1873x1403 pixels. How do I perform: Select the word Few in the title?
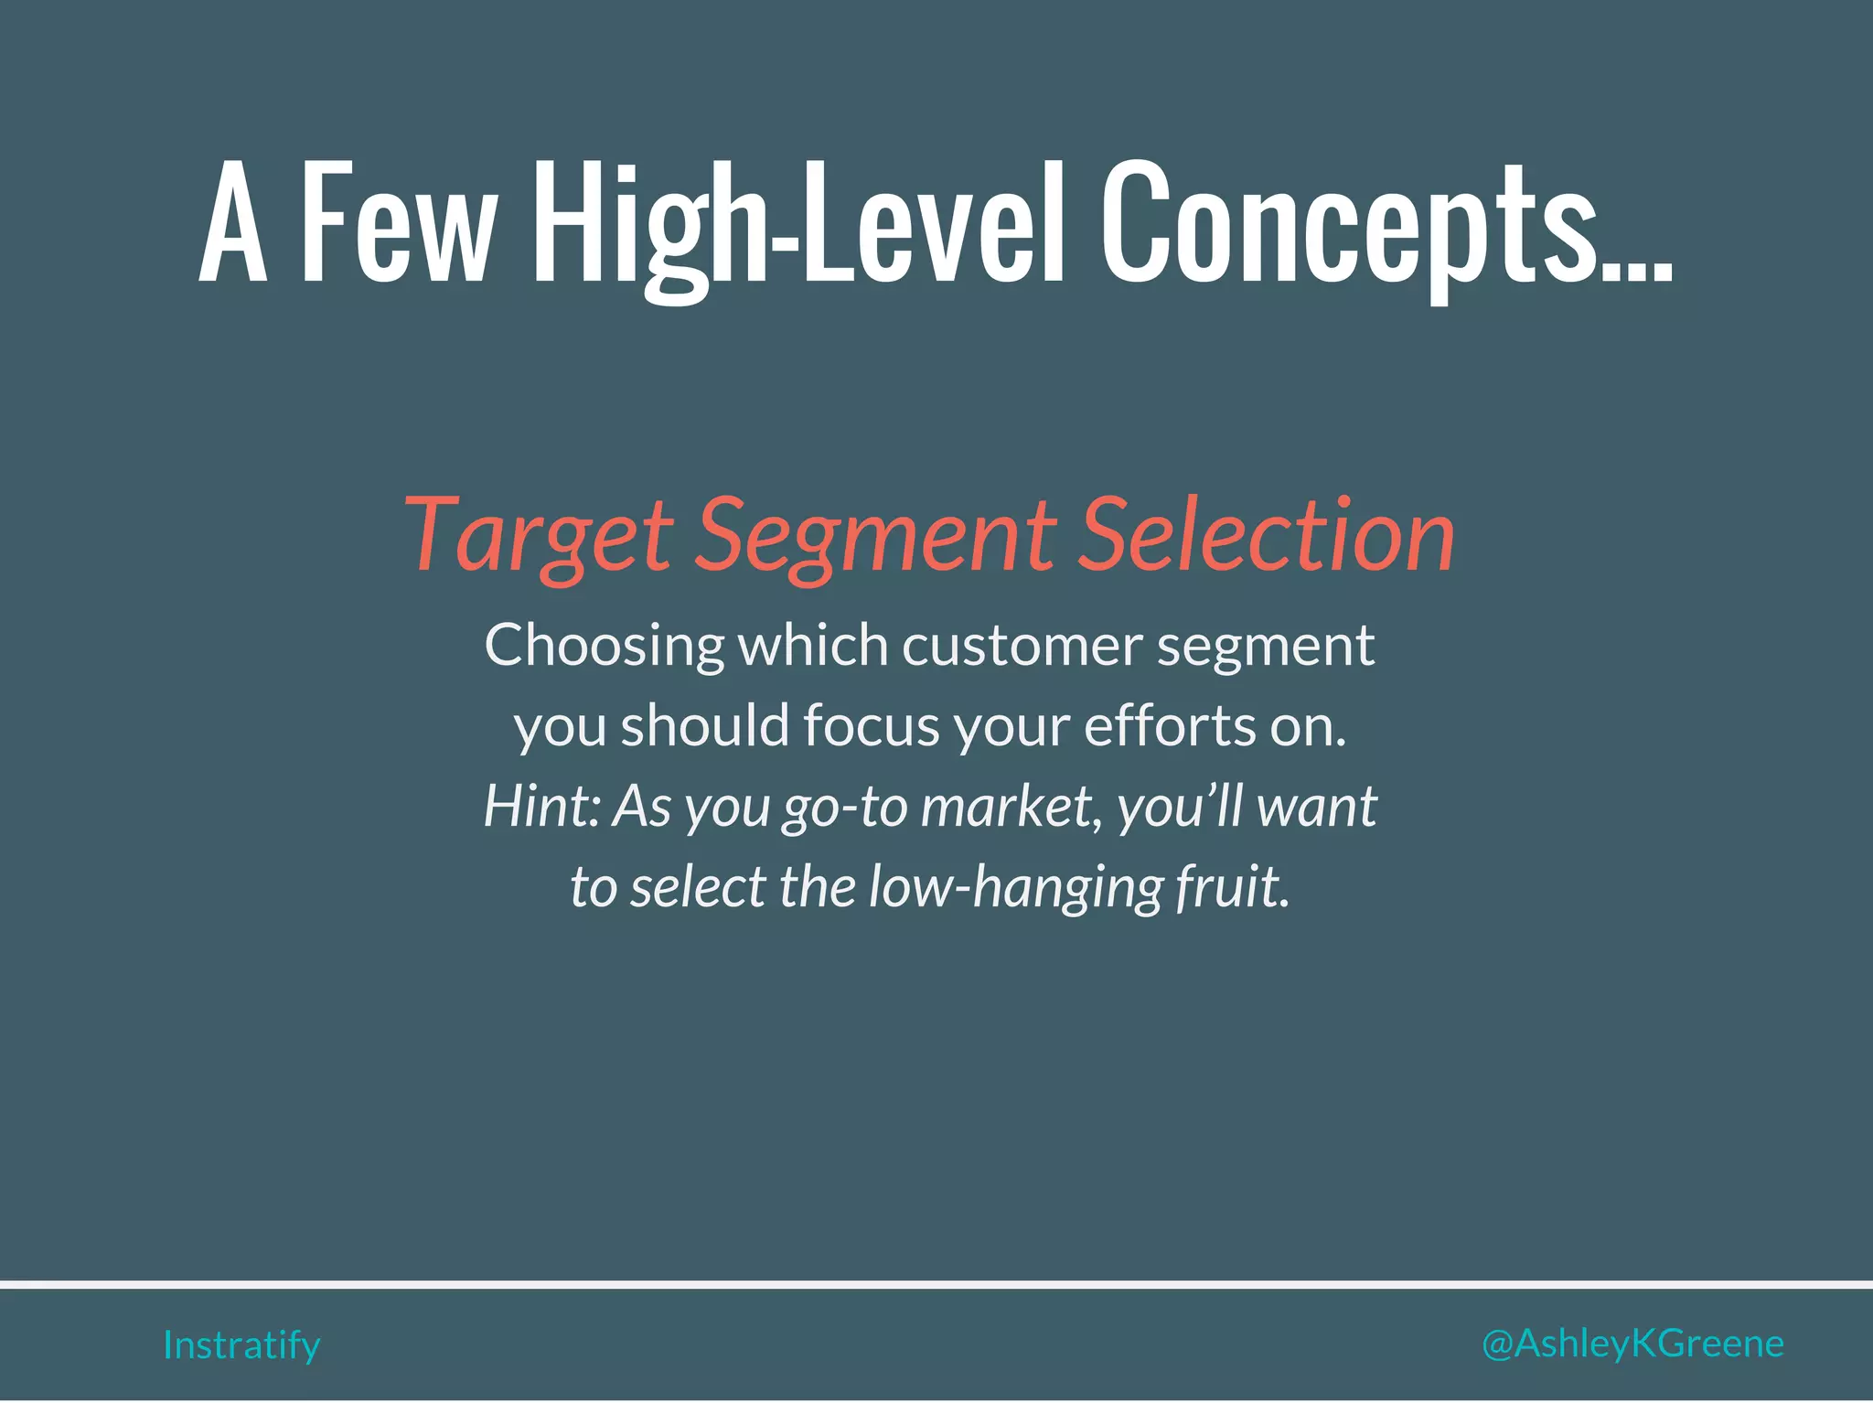[399, 224]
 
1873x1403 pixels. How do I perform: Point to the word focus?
[872, 725]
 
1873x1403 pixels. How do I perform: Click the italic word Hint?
[540, 807]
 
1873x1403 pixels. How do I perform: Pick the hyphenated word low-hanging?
[1014, 887]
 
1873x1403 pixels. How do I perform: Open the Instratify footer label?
[241, 1345]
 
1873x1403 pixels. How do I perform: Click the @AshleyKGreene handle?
[1632, 1344]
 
